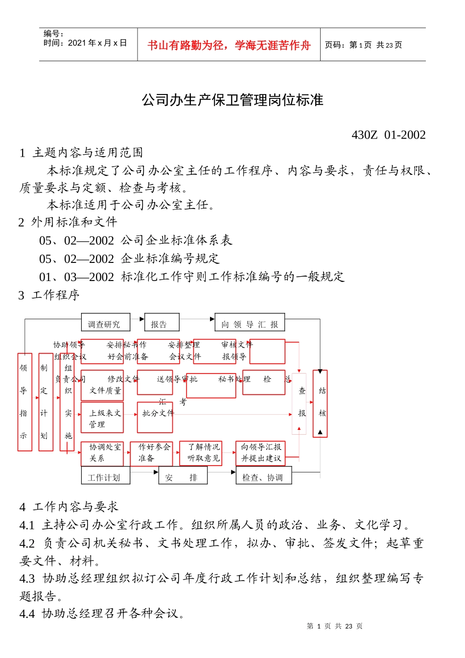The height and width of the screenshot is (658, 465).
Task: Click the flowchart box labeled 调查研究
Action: click(x=105, y=323)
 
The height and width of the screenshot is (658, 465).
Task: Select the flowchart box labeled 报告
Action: click(x=162, y=323)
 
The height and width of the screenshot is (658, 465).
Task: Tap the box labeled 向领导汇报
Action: click(x=250, y=323)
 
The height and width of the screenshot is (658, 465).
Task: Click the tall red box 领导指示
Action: click(x=24, y=402)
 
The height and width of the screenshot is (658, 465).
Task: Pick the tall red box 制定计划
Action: click(x=45, y=402)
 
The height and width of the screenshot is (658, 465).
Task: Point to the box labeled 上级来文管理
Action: click(x=102, y=418)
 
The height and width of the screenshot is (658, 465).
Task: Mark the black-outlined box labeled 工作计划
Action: click(x=105, y=476)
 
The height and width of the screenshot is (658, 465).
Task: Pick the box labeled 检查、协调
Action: click(x=264, y=476)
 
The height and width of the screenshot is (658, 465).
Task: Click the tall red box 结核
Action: click(x=320, y=403)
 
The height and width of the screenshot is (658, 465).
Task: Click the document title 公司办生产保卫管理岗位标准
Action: click(x=232, y=100)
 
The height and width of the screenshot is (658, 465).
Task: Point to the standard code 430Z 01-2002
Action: click(x=389, y=135)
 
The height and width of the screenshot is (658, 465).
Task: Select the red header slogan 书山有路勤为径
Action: click(x=229, y=46)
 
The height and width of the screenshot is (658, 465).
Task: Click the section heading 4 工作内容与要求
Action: click(x=69, y=507)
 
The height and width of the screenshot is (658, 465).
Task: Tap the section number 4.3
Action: click(x=27, y=579)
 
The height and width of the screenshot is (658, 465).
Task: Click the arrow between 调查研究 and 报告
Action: click(x=138, y=319)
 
